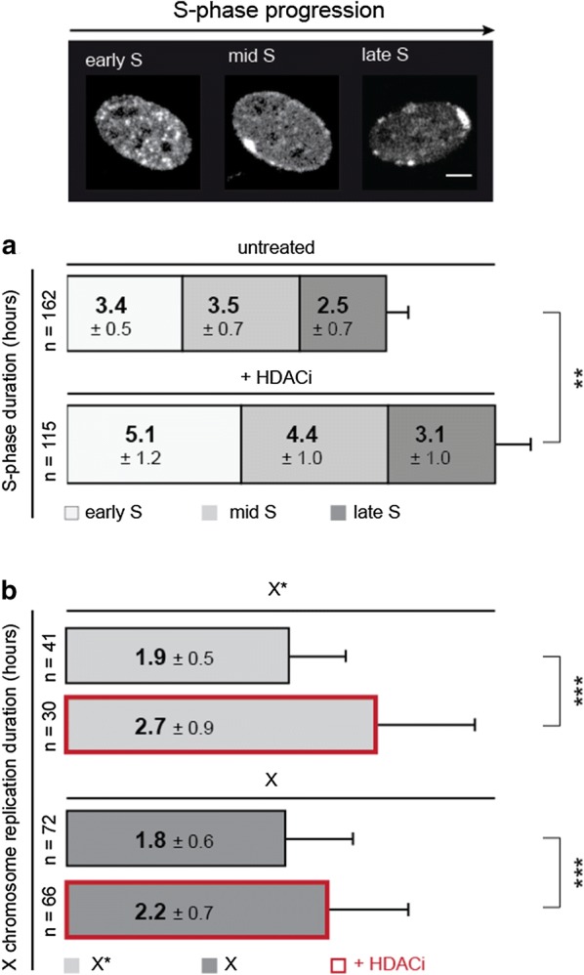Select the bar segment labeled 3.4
point(124,313)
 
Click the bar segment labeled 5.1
point(153,443)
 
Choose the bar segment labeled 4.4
point(314,443)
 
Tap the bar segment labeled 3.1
point(441,443)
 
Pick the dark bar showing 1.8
point(176,839)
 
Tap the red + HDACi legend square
point(341,961)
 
